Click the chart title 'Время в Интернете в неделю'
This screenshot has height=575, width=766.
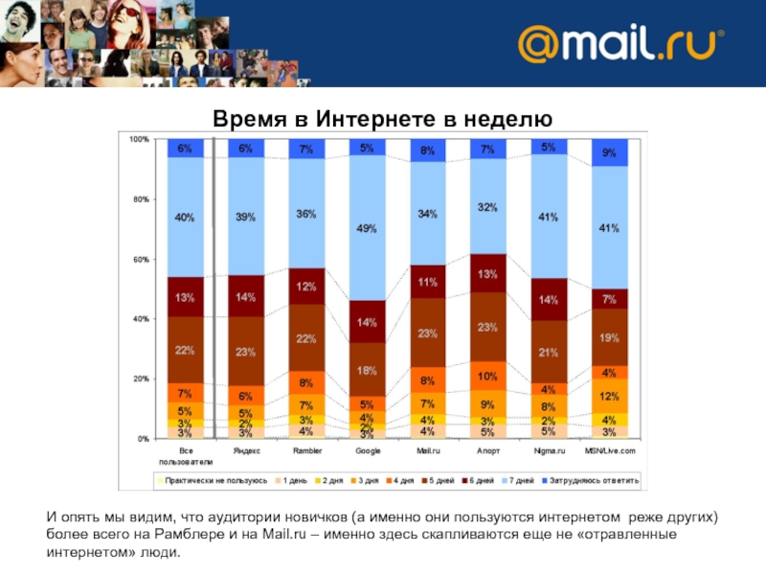click(382, 119)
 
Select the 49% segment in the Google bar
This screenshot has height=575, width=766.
click(367, 228)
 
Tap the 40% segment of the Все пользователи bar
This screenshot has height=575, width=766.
click(185, 218)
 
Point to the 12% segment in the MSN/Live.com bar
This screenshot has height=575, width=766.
click(609, 396)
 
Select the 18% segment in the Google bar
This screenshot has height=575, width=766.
click(367, 370)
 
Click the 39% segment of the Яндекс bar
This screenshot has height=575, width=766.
click(246, 218)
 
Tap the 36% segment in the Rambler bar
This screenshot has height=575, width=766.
click(306, 214)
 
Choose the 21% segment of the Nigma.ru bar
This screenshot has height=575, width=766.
click(549, 352)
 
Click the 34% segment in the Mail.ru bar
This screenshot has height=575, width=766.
click(428, 214)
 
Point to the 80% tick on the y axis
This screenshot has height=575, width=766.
click(139, 199)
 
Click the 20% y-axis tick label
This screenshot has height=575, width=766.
click(139, 379)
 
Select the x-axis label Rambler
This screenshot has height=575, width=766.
click(306, 449)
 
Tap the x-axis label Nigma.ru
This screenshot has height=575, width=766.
click(549, 449)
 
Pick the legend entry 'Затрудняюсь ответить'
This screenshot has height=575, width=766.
click(594, 478)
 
